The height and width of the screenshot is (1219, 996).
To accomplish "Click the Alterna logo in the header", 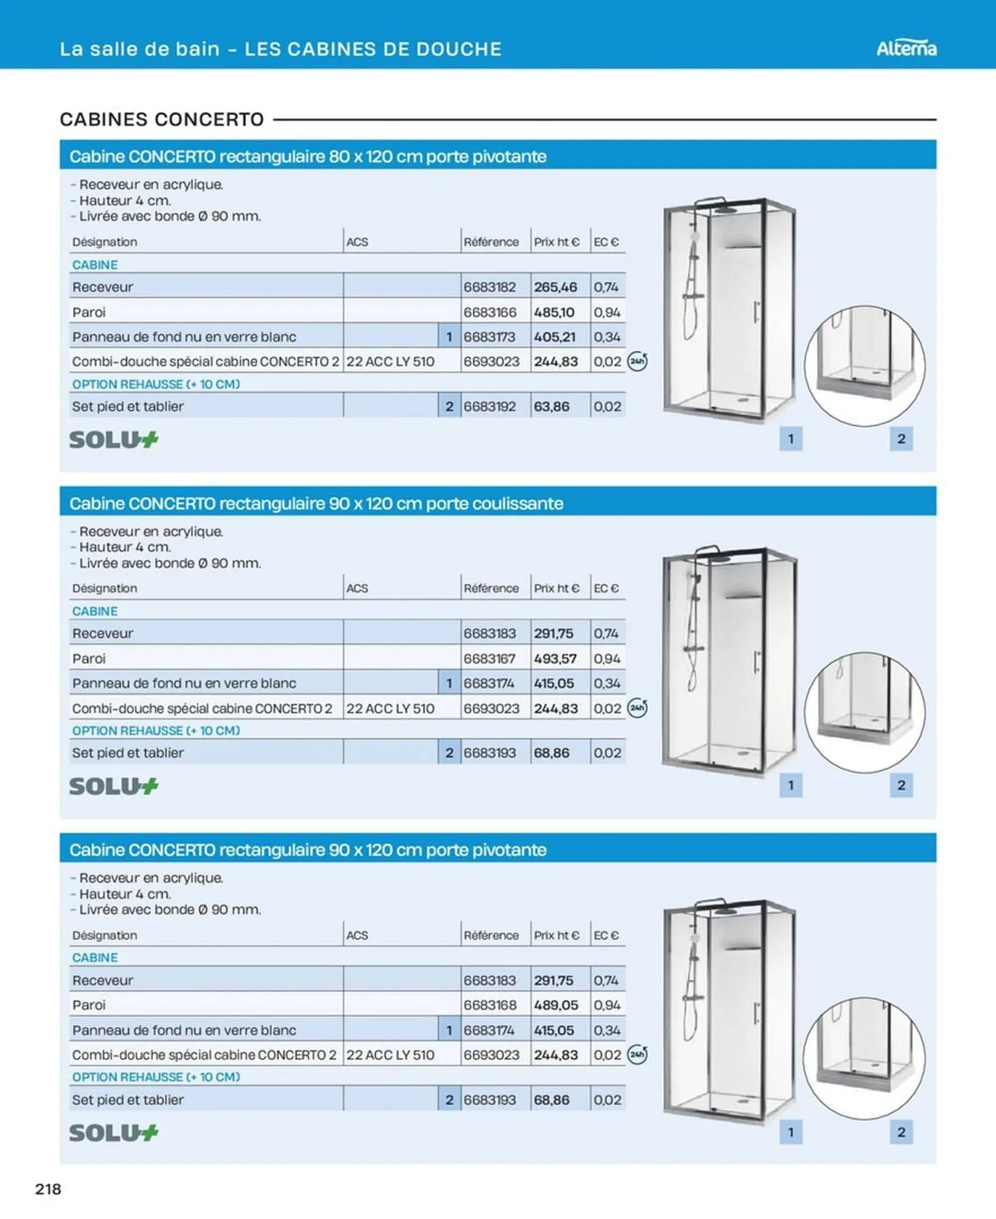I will point(906,49).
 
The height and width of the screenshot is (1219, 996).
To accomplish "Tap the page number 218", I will point(48,1189).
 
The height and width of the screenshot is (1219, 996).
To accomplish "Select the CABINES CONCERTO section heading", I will point(162,119).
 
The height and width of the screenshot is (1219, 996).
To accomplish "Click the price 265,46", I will point(555,287).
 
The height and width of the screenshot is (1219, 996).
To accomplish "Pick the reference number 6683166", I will point(489,313).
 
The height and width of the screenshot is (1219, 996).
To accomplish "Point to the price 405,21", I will point(555,337).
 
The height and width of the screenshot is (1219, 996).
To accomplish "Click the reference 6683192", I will point(489,407).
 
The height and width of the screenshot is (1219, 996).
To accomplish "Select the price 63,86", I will point(552,407).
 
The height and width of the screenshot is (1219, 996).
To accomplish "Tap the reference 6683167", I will point(489,659).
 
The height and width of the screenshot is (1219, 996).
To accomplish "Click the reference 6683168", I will point(489,1005).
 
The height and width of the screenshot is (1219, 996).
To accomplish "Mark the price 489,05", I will point(555,1005).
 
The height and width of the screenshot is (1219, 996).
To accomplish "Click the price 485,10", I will point(554,313).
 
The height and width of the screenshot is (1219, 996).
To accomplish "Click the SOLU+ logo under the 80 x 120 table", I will point(113,439).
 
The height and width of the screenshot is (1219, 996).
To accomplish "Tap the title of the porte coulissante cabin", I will point(316,503).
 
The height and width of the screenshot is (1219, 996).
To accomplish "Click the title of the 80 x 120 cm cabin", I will point(307,157).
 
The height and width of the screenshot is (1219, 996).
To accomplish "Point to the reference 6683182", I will point(489,287).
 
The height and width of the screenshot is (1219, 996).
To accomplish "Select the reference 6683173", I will point(489,337).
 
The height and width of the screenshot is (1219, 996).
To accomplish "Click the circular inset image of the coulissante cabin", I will point(864,712).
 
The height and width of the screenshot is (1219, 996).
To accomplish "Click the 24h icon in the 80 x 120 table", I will point(638,361).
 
